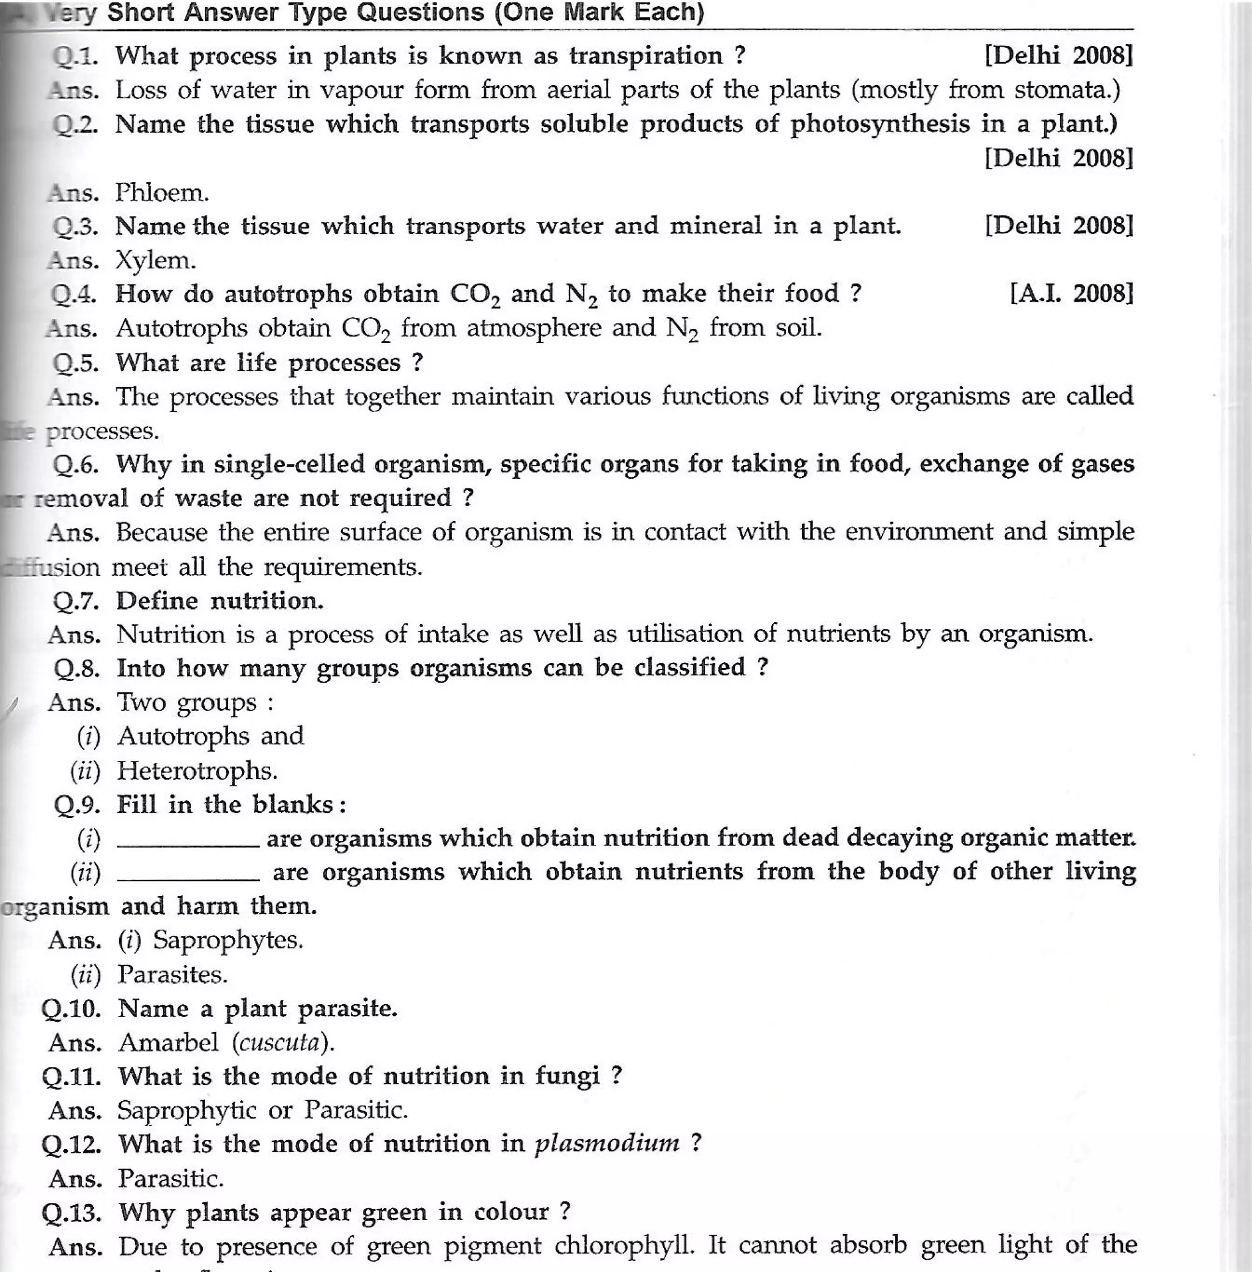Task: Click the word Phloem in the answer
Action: tap(162, 193)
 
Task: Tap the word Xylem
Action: tap(155, 260)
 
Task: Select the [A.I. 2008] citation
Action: tap(1071, 293)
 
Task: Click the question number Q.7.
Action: tap(76, 601)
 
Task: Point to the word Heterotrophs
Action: tap(197, 770)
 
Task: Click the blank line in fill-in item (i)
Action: tap(188, 845)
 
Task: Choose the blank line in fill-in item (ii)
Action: tap(188, 878)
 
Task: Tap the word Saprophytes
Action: tap(227, 940)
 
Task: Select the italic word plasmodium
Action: tap(607, 1144)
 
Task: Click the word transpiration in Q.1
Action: tap(646, 56)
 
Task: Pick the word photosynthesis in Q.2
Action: tap(880, 124)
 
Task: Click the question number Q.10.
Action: tap(71, 1009)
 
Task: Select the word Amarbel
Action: tap(168, 1043)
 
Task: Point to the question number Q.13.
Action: tap(71, 1211)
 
